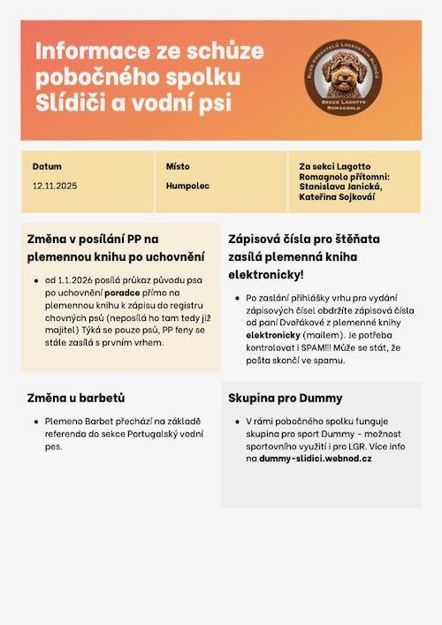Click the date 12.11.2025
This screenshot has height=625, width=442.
[x=55, y=186]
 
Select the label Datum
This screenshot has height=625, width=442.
[x=47, y=166]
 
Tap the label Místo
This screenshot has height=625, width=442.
[x=178, y=166]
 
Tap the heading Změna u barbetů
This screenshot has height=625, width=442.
[x=75, y=397]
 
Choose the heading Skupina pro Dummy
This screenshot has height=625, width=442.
[x=285, y=397]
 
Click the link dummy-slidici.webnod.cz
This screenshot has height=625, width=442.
[x=315, y=459]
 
